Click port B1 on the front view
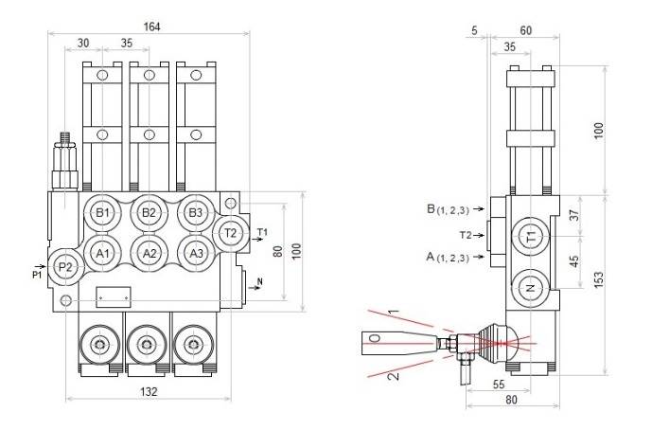click(x=103, y=213)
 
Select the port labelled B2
click(x=149, y=213)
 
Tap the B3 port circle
click(x=194, y=213)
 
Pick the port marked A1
click(x=103, y=253)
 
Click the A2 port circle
click(x=149, y=253)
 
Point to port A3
click(x=194, y=253)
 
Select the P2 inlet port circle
click(x=65, y=268)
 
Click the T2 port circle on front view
click(x=230, y=232)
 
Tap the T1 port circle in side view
click(x=531, y=234)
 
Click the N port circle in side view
click(x=531, y=287)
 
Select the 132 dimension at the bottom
click(x=149, y=390)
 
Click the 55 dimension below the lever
click(x=499, y=385)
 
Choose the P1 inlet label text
click(x=37, y=276)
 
